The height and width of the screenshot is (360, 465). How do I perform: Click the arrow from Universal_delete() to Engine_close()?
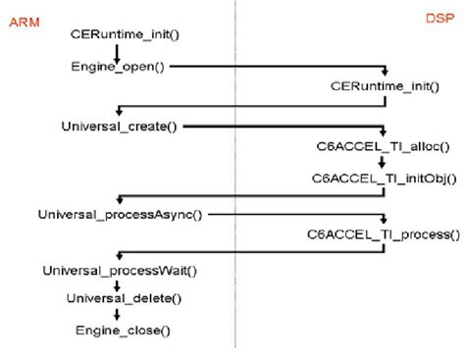[118, 313]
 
